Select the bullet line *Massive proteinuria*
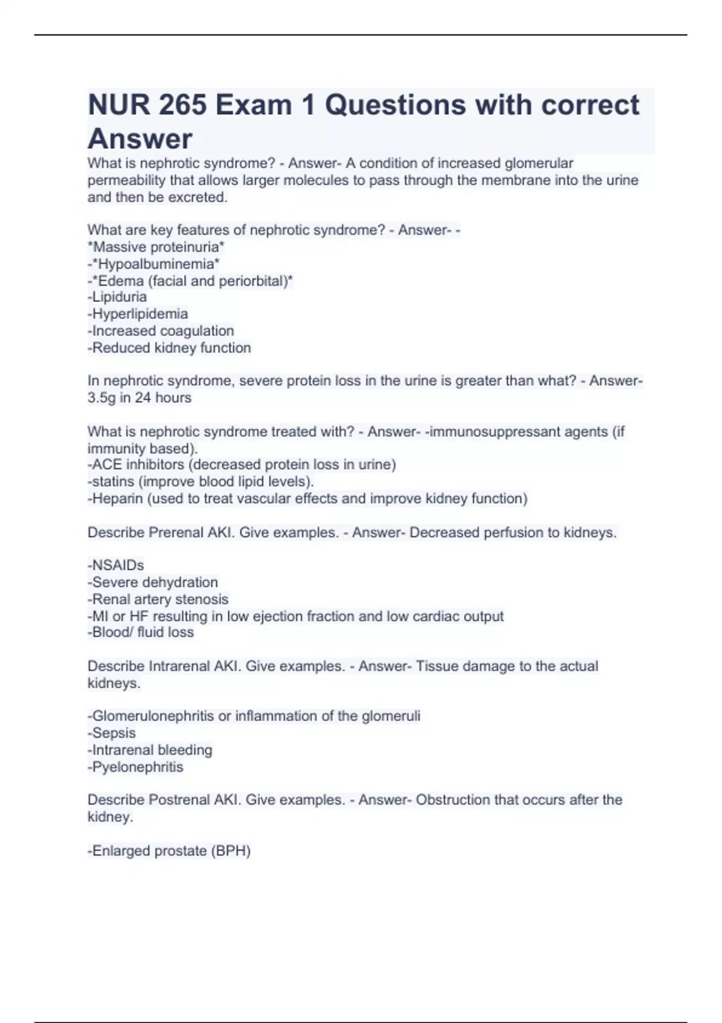pos(156,247)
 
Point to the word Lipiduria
pos(119,297)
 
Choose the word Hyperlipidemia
pos(140,314)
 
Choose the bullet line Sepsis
pos(113,733)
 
